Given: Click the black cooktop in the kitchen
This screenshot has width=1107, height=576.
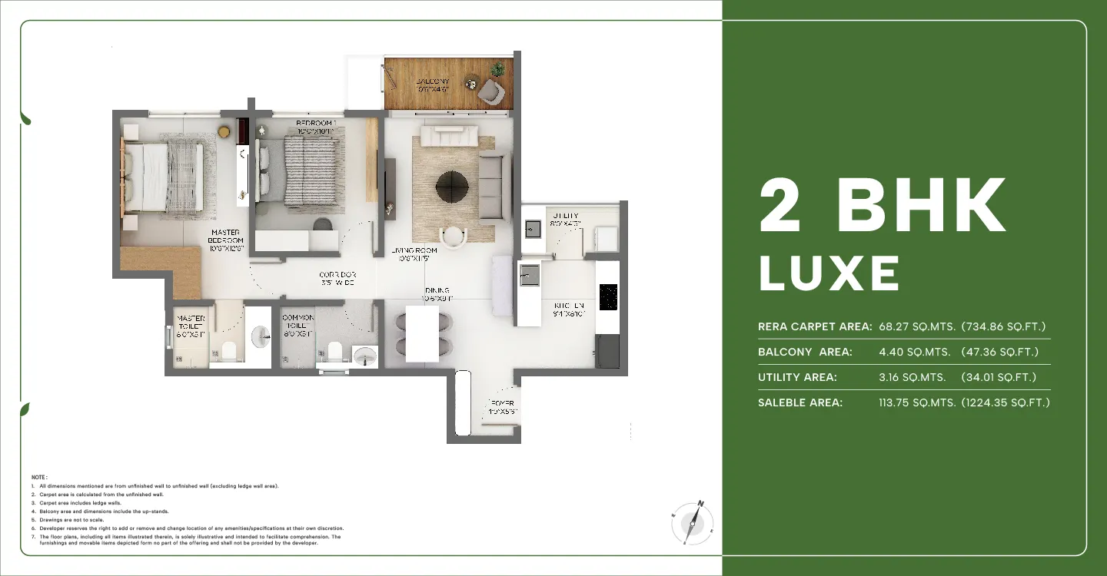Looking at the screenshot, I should tap(608, 297).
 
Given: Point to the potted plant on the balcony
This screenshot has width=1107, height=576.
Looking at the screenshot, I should tap(498, 69).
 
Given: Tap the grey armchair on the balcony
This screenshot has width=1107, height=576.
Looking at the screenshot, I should tap(490, 93).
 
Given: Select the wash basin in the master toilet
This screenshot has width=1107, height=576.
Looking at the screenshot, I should tap(261, 334).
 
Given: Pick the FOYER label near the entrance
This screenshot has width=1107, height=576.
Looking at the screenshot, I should tap(502, 407).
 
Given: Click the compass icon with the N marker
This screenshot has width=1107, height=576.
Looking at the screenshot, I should tap(693, 523).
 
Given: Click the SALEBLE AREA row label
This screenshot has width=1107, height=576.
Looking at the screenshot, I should tap(800, 402).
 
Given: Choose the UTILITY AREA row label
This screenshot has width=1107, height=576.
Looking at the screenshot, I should tap(797, 377).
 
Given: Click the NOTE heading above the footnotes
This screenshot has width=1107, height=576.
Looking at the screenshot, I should tap(39, 478).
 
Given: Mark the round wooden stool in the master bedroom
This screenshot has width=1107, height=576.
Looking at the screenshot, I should tap(224, 131).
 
